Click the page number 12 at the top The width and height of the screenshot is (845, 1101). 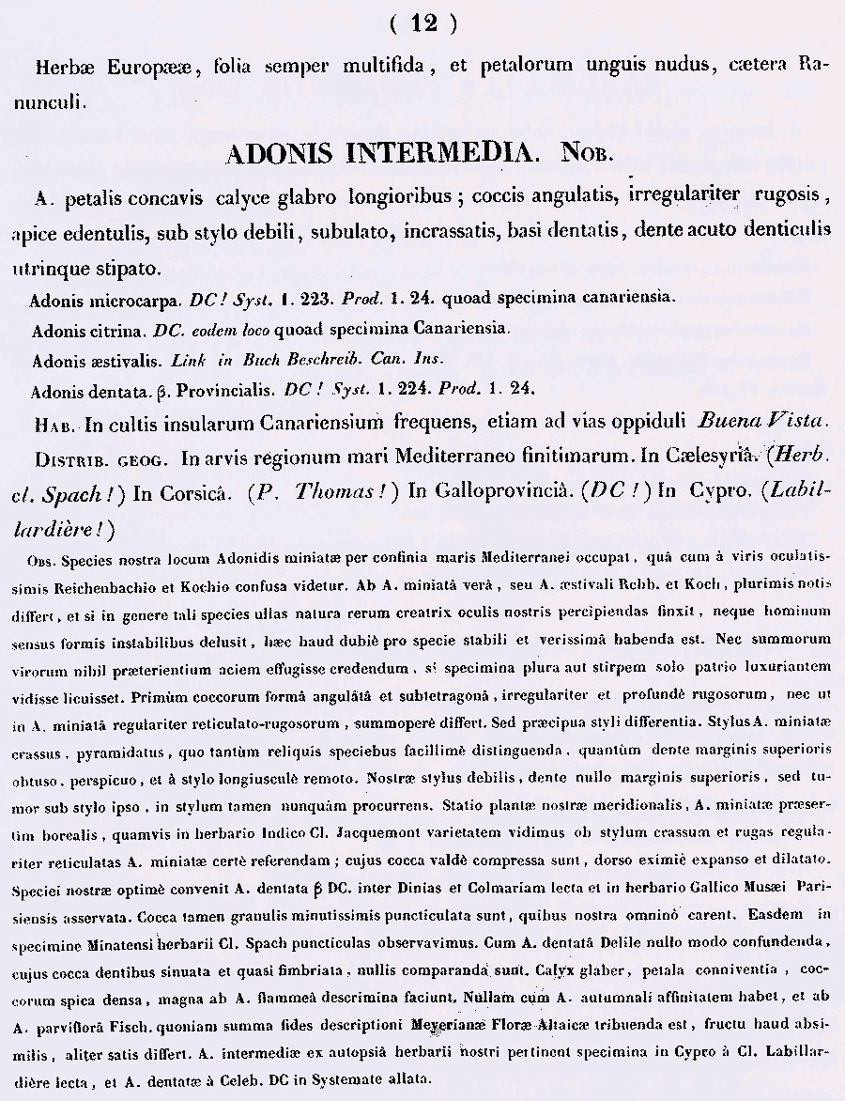coord(423,24)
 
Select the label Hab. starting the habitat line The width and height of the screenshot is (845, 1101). coord(54,424)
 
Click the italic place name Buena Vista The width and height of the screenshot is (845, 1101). coord(760,421)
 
